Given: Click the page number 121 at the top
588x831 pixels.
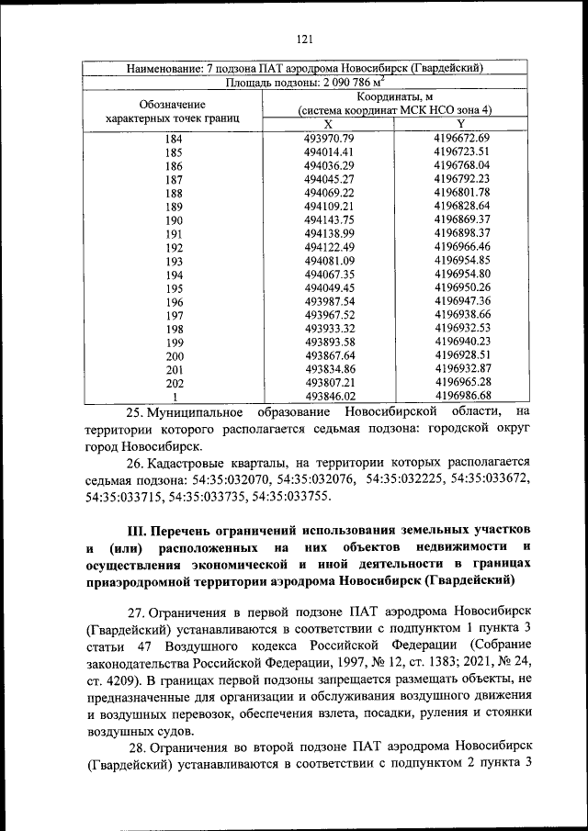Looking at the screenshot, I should click(306, 38).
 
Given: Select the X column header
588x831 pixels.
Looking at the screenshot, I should click(328, 124).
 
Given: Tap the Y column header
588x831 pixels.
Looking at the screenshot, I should click(461, 124).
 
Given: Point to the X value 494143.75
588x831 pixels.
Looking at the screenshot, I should click(328, 220).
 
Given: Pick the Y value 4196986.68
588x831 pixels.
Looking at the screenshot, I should click(462, 396).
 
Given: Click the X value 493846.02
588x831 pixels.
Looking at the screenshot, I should click(328, 396).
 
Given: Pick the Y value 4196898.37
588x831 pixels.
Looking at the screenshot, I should click(462, 234).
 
